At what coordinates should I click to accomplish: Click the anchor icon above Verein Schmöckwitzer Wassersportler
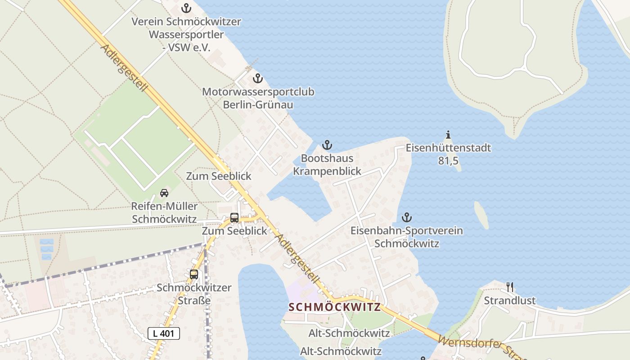(186, 8)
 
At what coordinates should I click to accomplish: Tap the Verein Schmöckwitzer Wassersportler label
(186, 34)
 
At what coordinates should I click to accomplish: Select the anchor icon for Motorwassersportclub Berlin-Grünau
(257, 79)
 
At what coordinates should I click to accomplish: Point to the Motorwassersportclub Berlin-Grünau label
(258, 98)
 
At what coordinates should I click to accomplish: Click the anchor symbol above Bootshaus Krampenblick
(327, 145)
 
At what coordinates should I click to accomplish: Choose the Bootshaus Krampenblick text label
(327, 165)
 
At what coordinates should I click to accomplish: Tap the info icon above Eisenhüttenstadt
(448, 135)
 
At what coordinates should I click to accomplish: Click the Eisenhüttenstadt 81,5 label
(448, 154)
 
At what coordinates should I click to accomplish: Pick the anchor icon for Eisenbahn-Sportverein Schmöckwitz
(407, 218)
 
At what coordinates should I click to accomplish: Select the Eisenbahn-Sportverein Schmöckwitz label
(407, 237)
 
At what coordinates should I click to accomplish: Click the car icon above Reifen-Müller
(164, 193)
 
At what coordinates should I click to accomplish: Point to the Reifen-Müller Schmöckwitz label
(164, 213)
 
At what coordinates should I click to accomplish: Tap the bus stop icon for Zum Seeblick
(234, 218)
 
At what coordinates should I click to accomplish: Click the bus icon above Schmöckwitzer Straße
(194, 274)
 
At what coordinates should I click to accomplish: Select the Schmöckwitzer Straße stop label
(194, 293)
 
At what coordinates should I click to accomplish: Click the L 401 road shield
(164, 333)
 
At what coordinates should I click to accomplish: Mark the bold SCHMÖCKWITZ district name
(334, 307)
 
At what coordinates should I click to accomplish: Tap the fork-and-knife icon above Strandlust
(510, 287)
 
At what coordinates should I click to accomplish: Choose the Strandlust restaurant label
(510, 300)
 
